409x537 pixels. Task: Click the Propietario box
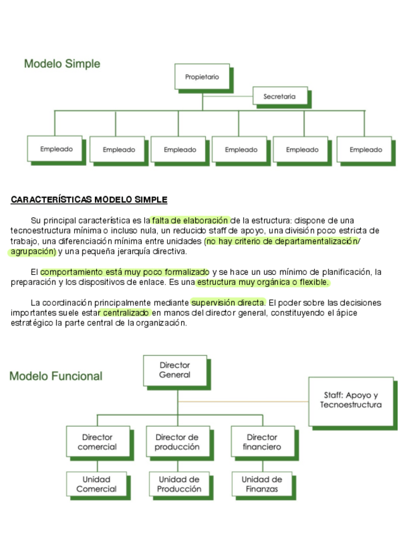point(202,77)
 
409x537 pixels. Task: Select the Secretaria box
point(279,96)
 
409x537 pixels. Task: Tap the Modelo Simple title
point(62,63)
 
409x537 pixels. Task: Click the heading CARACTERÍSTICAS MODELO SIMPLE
point(89,200)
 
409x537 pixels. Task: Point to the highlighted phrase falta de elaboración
point(191,220)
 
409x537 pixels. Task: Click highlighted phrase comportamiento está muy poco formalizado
point(124,272)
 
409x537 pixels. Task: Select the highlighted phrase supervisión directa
point(228,302)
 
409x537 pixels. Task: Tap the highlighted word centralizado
point(125,312)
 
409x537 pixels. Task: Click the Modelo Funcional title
point(56,376)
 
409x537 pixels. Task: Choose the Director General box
point(175,370)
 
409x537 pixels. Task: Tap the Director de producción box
point(177,442)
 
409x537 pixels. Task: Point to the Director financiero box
point(261,442)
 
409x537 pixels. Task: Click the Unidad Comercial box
point(96,484)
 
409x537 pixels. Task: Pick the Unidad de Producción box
point(179,484)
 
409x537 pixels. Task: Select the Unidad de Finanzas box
point(261,484)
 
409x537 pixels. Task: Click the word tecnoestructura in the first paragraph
point(39,231)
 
